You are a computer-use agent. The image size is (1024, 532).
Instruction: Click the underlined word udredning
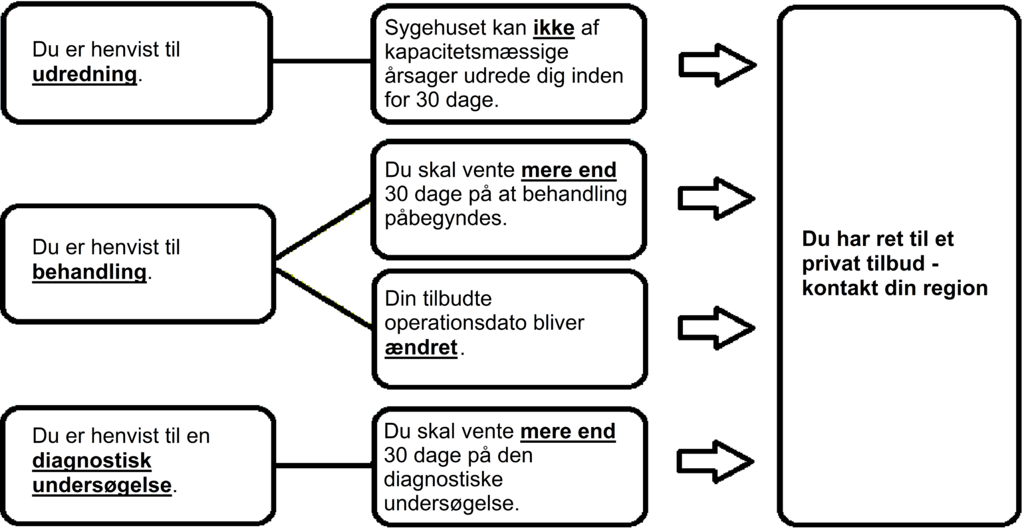[84, 74]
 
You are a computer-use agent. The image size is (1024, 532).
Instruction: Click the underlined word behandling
[89, 272]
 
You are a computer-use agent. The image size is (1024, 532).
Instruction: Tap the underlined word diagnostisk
[92, 460]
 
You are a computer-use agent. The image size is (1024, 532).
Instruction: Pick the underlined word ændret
[421, 347]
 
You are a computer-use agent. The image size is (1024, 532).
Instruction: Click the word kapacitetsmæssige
[476, 52]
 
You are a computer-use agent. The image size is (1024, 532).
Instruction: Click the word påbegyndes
[446, 218]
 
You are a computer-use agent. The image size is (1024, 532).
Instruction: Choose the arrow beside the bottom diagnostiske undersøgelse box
[715, 461]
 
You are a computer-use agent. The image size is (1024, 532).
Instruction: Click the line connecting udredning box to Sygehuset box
[322, 61]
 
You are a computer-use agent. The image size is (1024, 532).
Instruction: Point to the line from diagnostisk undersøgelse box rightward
[323, 465]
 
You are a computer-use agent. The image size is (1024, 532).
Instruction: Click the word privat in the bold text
[832, 264]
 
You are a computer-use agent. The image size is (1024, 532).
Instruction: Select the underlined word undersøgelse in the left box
[102, 485]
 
